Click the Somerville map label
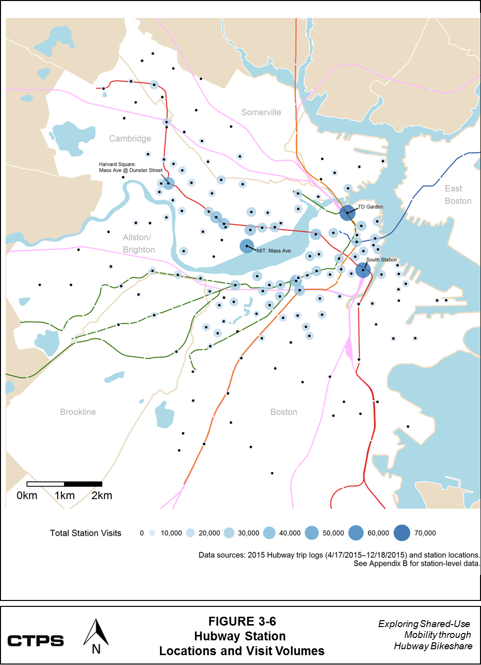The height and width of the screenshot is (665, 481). point(261,112)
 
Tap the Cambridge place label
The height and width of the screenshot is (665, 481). point(130,138)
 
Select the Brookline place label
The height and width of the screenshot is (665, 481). point(78,412)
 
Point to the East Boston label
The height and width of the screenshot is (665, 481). point(457,195)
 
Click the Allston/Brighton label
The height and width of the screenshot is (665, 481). point(138,243)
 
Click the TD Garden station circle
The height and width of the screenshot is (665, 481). point(348,213)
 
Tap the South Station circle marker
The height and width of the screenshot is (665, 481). point(363,270)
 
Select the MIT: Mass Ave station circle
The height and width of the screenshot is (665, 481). point(247,246)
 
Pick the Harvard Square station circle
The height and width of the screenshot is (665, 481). point(168,183)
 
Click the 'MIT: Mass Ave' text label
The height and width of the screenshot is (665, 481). point(274,251)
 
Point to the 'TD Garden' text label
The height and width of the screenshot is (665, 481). point(370,207)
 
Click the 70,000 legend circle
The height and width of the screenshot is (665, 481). point(402,533)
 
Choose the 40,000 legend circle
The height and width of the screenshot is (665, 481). point(269,533)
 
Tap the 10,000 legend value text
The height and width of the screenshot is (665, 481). point(171,533)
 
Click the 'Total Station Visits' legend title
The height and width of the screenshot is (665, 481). point(85,533)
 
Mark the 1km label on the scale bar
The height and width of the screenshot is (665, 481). point(64,496)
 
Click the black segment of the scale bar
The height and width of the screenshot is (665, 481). point(83,484)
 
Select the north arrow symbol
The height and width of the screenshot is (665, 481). point(96,637)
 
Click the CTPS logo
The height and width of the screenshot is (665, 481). point(35,641)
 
